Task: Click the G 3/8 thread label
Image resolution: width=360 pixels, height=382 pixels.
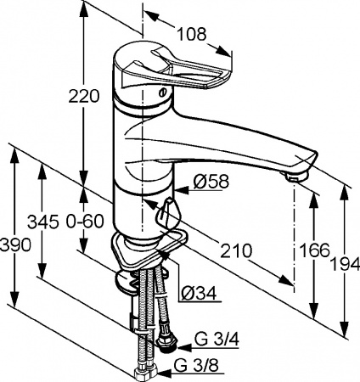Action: tap(193, 367)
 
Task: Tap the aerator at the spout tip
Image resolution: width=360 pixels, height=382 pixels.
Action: tap(295, 177)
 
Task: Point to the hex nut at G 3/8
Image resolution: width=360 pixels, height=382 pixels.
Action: tap(142, 372)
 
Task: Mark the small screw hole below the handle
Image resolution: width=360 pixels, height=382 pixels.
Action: tap(162, 95)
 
